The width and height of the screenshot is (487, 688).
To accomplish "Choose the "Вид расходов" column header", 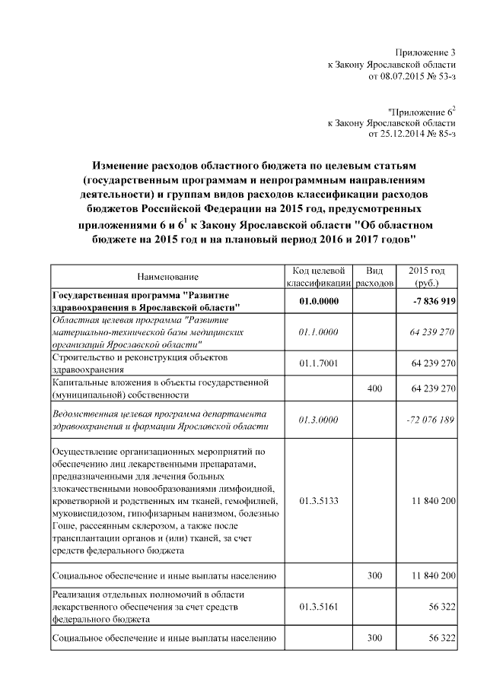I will click(x=374, y=277).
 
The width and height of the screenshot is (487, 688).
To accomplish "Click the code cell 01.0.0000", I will click(x=318, y=301).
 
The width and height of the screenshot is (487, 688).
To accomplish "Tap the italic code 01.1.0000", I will click(x=318, y=332).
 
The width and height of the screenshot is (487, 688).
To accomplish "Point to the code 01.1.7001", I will click(x=318, y=363).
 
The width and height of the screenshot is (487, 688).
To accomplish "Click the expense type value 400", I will click(x=374, y=388).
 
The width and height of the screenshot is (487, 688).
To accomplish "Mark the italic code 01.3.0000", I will click(x=318, y=420).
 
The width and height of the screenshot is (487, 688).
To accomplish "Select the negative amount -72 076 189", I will click(x=431, y=420).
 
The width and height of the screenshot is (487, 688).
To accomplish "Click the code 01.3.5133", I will click(x=318, y=502).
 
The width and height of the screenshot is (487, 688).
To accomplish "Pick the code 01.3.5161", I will click(x=318, y=606).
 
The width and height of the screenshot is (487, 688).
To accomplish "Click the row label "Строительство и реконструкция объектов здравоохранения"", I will click(x=144, y=363).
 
